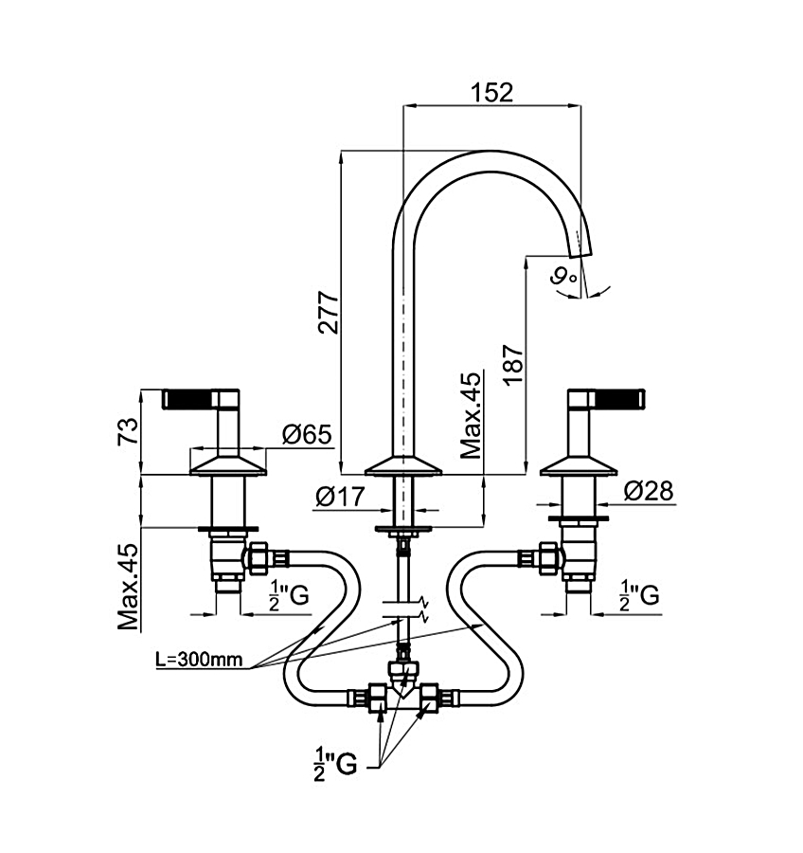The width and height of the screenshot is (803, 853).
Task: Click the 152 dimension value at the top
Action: [491, 92]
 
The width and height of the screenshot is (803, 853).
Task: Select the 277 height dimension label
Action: [329, 312]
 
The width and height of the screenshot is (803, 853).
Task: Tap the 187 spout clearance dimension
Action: [513, 365]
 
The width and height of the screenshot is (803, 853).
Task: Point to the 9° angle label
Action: [563, 278]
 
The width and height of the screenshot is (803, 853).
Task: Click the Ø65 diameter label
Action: [307, 434]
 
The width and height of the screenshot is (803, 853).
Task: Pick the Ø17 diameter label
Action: [340, 496]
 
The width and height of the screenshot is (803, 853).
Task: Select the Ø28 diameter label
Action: [649, 491]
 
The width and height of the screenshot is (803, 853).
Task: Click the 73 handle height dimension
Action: [128, 432]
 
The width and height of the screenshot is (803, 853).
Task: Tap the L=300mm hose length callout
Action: [199, 659]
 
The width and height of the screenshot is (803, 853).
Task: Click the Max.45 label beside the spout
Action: [471, 415]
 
